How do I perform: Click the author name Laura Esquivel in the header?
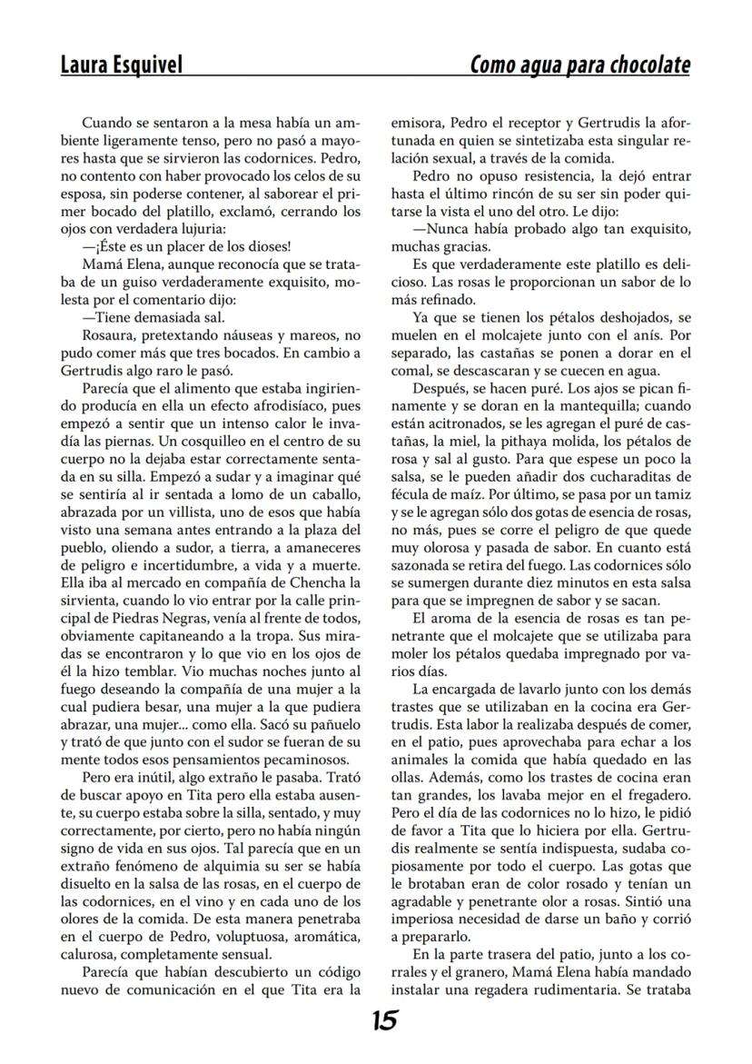pyautogui.click(x=122, y=65)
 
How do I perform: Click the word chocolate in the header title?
pyautogui.click(x=642, y=65)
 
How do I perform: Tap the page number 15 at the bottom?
pyautogui.click(x=384, y=1021)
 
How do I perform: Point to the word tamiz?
pyautogui.click(x=670, y=494)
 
